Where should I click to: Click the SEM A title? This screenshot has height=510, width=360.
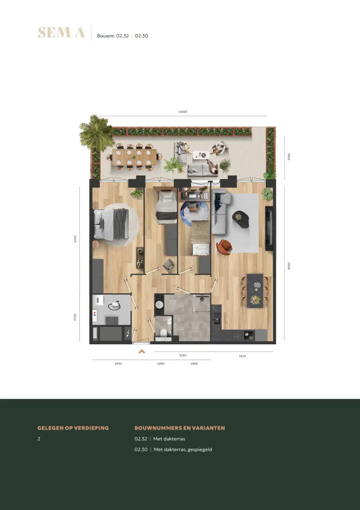click(62, 33)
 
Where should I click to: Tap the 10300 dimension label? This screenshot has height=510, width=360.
click(183, 112)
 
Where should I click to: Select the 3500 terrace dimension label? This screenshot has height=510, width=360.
click(289, 157)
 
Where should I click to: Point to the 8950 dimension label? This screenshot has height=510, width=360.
click(289, 266)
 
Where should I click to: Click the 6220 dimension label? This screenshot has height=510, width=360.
click(75, 239)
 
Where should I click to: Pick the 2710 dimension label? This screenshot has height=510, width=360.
click(75, 317)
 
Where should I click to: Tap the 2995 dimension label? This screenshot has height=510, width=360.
click(118, 364)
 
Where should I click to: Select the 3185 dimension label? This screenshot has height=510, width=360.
click(183, 355)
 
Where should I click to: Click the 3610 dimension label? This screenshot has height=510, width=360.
click(242, 356)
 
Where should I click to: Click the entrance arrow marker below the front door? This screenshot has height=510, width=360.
click(141, 351)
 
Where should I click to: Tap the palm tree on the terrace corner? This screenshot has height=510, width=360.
click(95, 132)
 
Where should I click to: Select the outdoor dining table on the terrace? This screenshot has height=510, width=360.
click(134, 157)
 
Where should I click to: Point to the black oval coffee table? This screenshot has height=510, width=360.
click(241, 220)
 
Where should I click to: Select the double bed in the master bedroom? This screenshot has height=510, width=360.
click(111, 224)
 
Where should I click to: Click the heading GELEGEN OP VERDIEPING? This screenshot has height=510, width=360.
click(73, 428)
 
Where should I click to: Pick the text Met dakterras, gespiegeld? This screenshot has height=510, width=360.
click(183, 449)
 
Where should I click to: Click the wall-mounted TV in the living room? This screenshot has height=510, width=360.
click(268, 228)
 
